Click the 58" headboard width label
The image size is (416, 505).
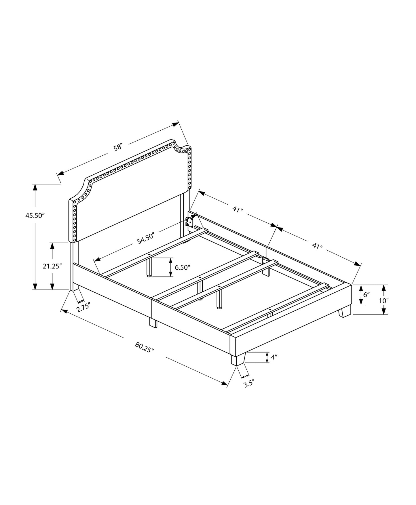118,147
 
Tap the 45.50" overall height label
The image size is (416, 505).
35,216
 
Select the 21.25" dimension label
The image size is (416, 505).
52,266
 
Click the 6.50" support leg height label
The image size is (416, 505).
183,267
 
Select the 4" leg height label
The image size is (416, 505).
274,357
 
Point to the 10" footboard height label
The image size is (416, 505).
384,301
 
